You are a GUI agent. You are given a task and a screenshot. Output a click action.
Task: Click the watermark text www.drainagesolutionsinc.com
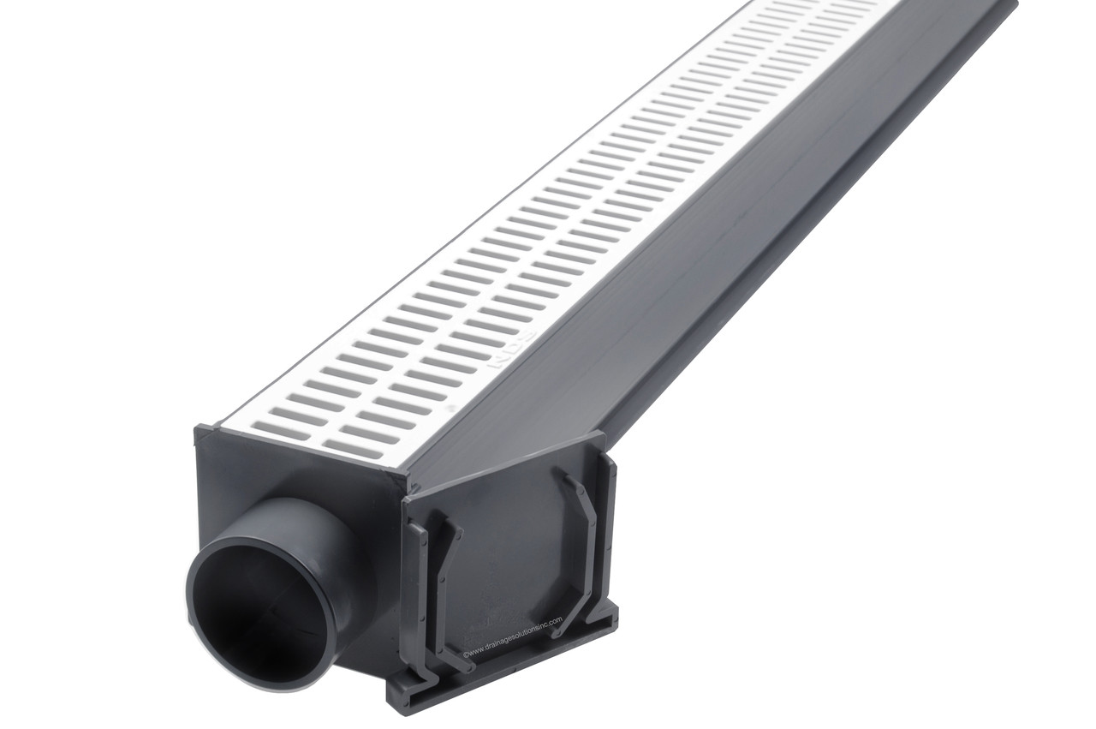click(x=512, y=635)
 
